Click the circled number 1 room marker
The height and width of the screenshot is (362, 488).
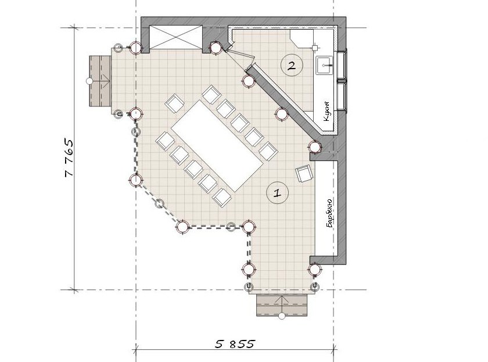[x=277, y=193]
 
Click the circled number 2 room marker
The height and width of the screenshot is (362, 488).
[x=291, y=65]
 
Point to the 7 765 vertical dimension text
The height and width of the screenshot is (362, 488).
[x=69, y=157]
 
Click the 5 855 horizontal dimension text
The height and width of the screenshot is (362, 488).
[x=235, y=344]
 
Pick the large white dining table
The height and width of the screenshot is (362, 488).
[x=218, y=146]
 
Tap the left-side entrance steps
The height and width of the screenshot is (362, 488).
[x=100, y=81]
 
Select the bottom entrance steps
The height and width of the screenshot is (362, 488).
[x=282, y=305]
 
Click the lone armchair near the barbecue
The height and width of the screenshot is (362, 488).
[x=304, y=175]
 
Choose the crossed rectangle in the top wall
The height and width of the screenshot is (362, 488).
[x=175, y=37]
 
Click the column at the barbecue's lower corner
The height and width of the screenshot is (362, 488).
[x=315, y=270]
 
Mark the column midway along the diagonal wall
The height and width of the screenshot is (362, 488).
[x=282, y=114]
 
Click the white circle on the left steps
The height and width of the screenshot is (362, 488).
[x=89, y=81]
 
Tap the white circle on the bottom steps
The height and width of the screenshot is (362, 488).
[x=282, y=316]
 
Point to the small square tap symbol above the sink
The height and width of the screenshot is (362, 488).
[x=315, y=48]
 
